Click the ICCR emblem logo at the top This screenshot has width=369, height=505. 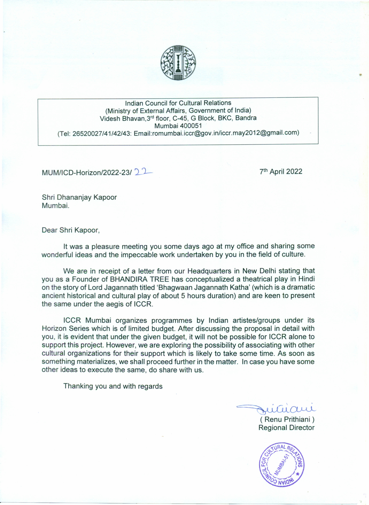tap(178, 63)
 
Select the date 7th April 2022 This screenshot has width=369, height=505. tap(281, 172)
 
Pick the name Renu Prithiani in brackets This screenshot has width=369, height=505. tap(287, 420)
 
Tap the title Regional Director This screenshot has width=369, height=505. tap(286, 428)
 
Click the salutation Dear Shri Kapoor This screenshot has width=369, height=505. tap(71, 230)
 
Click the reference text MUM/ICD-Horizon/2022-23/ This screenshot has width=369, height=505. tap(87, 173)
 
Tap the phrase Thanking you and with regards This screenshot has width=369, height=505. tap(113, 386)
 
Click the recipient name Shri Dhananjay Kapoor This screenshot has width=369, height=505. tap(79, 197)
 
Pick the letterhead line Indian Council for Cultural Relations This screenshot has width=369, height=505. tap(178, 103)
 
